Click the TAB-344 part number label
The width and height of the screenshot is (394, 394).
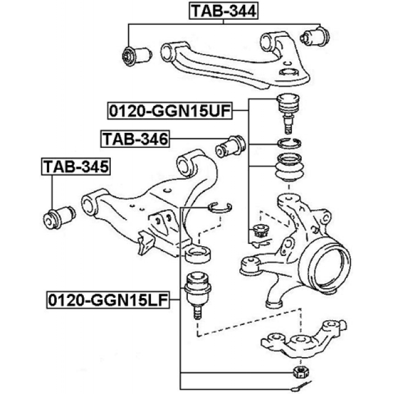tap(223, 10)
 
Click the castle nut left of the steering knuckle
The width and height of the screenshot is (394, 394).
tap(259, 232)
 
